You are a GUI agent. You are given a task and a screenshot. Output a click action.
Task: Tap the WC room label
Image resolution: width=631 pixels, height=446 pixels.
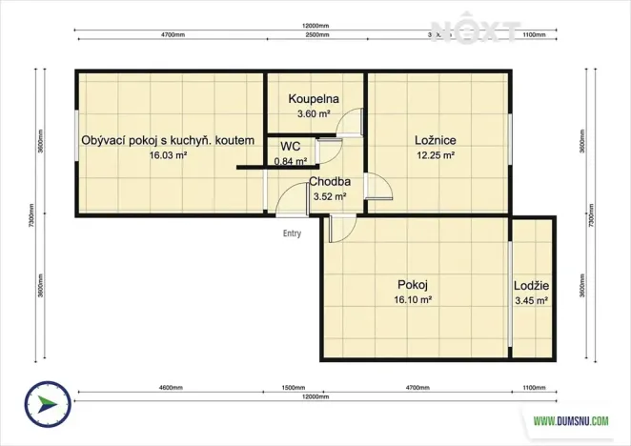[x=291, y=146]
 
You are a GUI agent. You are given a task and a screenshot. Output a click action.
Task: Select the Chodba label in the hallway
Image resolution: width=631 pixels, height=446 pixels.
[x=329, y=182]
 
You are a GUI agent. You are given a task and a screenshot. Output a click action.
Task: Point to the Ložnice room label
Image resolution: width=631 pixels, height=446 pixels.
[x=435, y=140]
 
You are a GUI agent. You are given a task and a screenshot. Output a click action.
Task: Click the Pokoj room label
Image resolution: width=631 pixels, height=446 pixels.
[x=413, y=284]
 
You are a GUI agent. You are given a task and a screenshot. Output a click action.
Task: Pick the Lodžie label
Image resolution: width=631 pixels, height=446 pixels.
[x=531, y=285]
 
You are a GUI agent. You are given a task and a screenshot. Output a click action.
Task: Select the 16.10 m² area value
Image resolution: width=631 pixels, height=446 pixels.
[x=414, y=299]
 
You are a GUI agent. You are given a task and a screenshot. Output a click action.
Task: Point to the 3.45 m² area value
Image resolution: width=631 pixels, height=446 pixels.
[x=531, y=300]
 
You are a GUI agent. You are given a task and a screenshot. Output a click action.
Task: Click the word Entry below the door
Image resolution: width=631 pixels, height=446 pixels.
[x=292, y=232]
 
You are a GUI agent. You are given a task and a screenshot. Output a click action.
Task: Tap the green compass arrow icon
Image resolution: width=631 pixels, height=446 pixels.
[x=45, y=404]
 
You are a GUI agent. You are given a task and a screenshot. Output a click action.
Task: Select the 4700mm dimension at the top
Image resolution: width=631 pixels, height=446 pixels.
[x=173, y=34]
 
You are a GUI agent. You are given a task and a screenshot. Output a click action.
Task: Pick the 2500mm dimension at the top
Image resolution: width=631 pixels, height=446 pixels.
[x=318, y=34]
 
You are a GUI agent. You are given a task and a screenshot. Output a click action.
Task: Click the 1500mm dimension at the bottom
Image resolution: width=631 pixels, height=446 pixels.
[x=294, y=389]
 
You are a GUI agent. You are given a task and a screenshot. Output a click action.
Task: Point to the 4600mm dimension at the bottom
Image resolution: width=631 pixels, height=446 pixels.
[x=171, y=389]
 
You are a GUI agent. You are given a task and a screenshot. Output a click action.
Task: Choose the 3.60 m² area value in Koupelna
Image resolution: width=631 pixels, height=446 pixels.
[x=315, y=113]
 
